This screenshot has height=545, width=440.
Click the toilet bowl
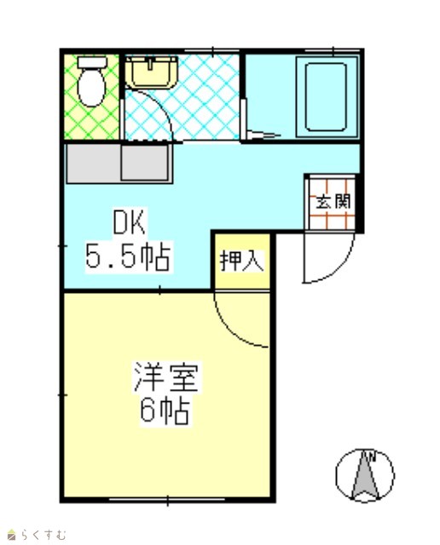pos(91,87)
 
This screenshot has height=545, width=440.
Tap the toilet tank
pos(92,62)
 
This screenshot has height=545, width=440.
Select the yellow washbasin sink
pos(152,72)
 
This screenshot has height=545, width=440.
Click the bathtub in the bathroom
pos(327,97)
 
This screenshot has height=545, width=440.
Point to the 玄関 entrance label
pos(333,201)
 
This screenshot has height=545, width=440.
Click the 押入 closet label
pos(242,261)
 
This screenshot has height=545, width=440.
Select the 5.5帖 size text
pos(128,256)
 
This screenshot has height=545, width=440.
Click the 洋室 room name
pos(166,377)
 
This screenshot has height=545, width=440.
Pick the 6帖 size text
pos(165,410)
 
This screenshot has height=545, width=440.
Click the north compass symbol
pos(365,475)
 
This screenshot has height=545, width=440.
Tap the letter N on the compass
pos(372,456)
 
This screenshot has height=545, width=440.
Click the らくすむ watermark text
pos(43,534)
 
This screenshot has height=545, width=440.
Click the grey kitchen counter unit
pos(119,163)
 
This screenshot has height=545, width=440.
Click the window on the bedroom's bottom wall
pos(167,500)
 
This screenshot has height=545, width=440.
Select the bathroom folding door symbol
pos(262,135)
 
